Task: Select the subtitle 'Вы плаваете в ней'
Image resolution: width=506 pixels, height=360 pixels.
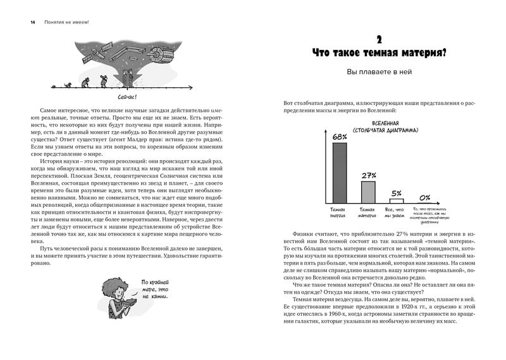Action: point(379,72)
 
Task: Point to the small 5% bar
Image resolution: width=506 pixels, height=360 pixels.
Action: point(397,201)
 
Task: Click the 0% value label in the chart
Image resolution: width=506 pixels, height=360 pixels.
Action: point(425,197)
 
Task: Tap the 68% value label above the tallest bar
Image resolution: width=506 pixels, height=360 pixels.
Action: point(339,137)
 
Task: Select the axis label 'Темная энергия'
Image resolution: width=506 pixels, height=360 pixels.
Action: point(339,211)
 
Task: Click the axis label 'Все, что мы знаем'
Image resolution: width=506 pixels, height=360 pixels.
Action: point(397,211)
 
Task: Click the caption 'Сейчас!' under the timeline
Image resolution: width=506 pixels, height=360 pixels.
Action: point(127,96)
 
